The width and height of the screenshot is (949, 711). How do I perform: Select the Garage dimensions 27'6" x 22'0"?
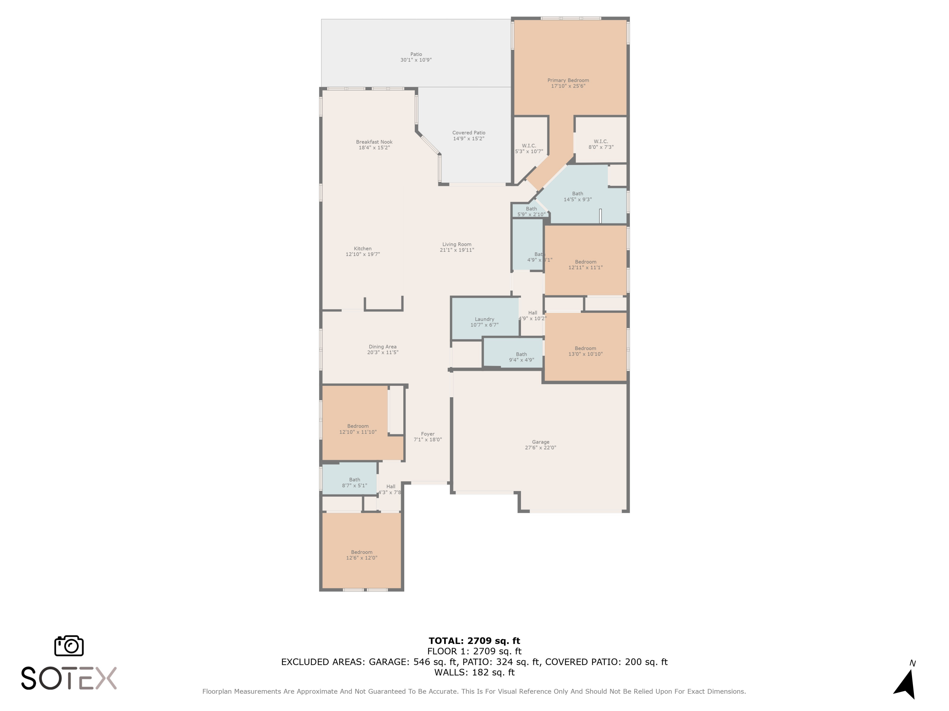(540, 448)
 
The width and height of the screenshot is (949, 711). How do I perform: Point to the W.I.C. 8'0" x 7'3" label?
(601, 144)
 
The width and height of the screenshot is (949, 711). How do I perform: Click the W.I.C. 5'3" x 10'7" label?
(529, 148)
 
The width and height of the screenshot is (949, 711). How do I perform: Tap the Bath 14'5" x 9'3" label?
(577, 196)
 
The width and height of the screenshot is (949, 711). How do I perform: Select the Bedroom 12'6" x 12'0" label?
(362, 555)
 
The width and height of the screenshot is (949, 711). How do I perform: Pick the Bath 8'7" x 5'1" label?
(354, 483)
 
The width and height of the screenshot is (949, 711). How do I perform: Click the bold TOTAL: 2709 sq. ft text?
(474, 641)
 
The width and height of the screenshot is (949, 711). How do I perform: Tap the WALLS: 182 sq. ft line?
(474, 672)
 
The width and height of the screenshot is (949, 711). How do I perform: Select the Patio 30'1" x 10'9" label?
(416, 57)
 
